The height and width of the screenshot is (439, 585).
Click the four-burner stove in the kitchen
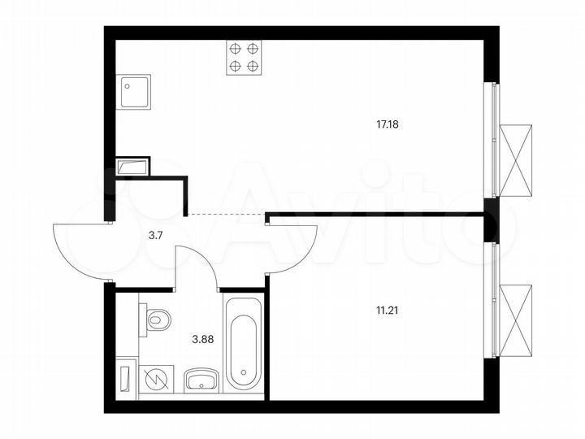pyautogui.click(x=244, y=58)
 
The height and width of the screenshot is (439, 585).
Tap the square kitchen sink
pyautogui.click(x=134, y=93)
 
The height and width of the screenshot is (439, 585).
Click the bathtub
pyautogui.click(x=242, y=342)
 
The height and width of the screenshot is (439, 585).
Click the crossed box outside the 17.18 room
pyautogui.click(x=515, y=160)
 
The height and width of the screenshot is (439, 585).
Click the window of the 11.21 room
pyautogui.click(x=492, y=300)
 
